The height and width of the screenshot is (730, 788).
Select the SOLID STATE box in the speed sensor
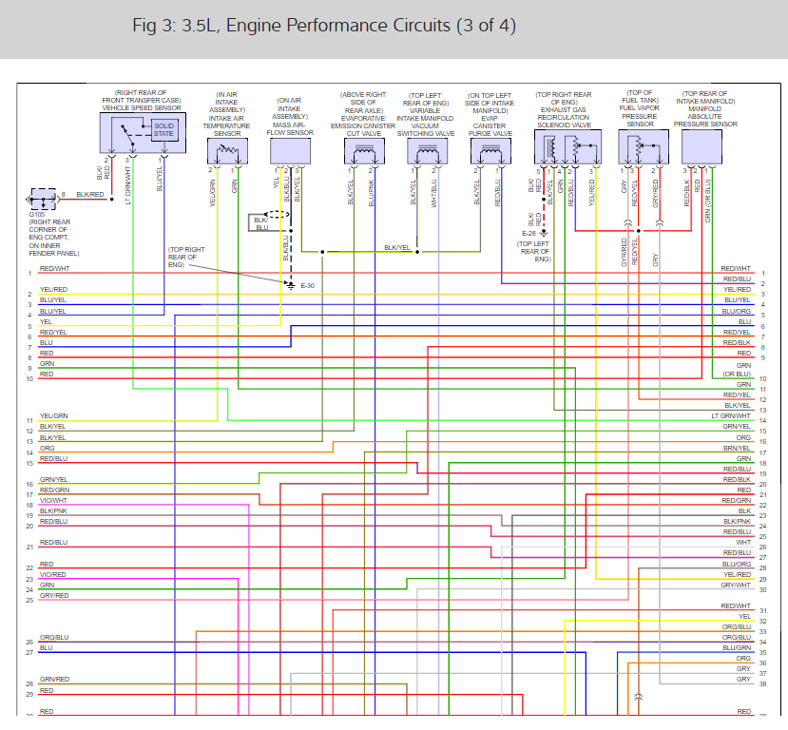(164, 129)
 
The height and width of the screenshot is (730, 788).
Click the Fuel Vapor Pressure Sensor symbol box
(640, 147)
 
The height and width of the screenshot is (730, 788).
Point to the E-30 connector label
(307, 286)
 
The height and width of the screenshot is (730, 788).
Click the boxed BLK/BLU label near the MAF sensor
(261, 223)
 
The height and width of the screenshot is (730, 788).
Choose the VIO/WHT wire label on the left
(53, 500)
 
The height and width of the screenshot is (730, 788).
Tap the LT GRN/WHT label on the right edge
(731, 416)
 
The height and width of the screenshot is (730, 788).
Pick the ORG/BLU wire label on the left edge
(53, 637)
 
